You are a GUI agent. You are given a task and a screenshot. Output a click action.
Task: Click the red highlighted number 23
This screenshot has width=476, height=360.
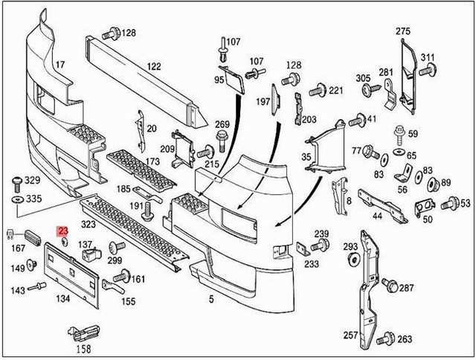(63, 231)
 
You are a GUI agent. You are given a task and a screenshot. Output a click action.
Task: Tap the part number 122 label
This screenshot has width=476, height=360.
(153, 67)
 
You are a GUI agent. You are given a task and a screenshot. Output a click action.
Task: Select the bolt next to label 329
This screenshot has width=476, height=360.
(16, 181)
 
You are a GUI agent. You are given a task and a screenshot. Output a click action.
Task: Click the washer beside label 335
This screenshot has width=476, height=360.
(16, 200)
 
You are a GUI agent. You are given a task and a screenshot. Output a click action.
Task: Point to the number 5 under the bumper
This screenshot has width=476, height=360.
(211, 299)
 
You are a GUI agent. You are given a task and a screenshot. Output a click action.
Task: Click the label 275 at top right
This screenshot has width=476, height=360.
(402, 30)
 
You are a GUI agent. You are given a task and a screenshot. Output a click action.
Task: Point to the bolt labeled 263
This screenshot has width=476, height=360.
(385, 339)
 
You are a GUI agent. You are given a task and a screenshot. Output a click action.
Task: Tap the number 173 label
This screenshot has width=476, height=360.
(152, 161)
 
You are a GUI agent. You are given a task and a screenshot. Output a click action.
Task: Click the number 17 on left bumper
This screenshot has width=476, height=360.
(59, 65)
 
